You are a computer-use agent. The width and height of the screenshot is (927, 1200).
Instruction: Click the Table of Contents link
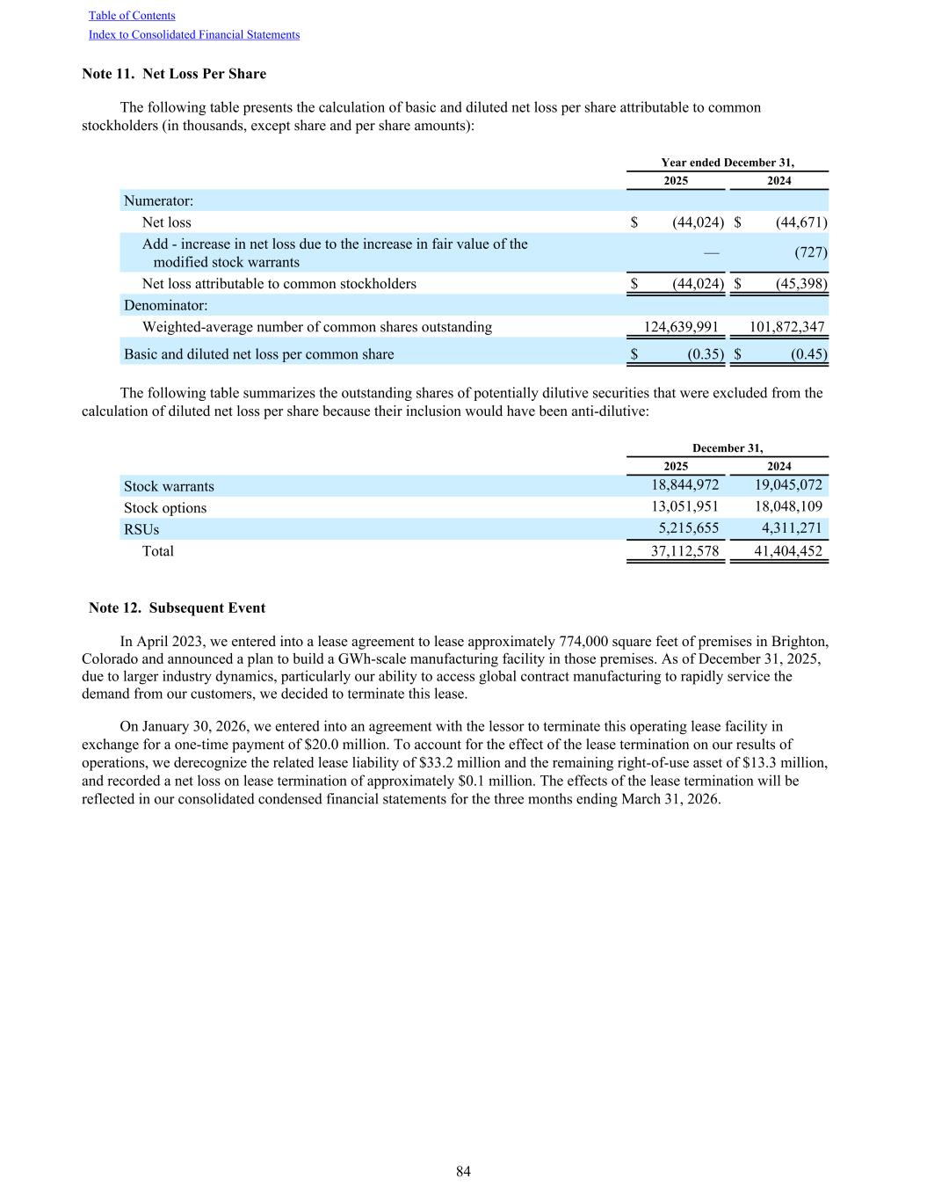click(132, 16)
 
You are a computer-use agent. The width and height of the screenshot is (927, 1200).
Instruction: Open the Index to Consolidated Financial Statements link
click(194, 35)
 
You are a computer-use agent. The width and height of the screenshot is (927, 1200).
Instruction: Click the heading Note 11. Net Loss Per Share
click(174, 74)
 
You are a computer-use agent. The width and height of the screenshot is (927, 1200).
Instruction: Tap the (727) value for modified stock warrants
click(810, 252)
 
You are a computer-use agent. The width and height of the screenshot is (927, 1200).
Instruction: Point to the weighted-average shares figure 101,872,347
click(786, 327)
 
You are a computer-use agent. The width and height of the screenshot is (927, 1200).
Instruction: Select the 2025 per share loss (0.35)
click(705, 354)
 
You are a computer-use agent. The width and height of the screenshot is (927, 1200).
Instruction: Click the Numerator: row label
click(158, 200)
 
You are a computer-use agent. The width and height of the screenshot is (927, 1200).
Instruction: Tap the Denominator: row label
click(165, 305)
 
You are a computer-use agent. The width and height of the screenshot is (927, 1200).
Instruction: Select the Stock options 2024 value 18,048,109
click(788, 507)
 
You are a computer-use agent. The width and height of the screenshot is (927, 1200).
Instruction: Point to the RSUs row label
click(141, 529)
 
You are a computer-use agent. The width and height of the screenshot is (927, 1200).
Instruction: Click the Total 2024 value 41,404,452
click(788, 551)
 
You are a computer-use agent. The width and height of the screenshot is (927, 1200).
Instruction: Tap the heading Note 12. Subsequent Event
click(177, 608)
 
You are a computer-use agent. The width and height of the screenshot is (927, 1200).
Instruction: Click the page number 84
click(463, 1172)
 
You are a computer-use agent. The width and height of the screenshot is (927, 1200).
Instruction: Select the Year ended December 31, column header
click(728, 163)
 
